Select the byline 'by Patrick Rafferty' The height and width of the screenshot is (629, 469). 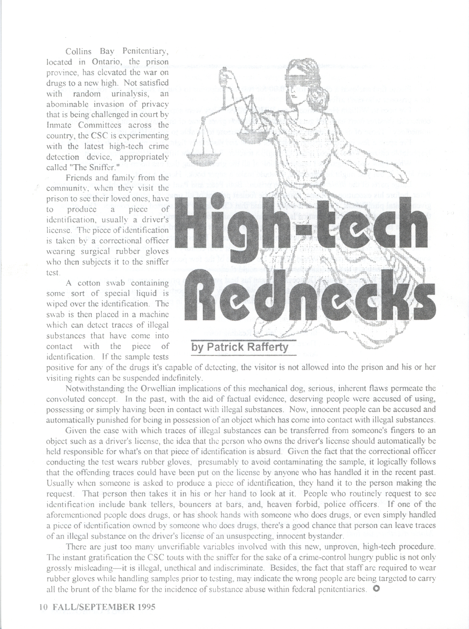(x=240, y=347)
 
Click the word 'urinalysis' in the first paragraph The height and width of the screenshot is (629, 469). (x=127, y=94)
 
